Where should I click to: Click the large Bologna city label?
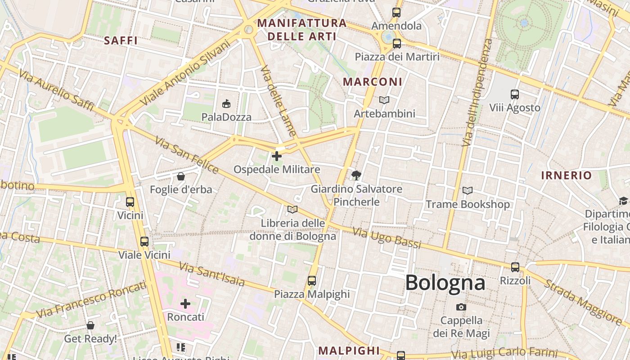click(x=445, y=283)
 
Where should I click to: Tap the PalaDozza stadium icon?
click(x=226, y=104)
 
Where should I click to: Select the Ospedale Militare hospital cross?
click(x=277, y=156)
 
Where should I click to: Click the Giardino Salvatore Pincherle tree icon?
click(x=356, y=175)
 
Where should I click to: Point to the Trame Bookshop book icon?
click(x=468, y=191)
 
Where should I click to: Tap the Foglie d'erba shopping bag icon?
click(x=181, y=176)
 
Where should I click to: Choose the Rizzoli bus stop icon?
click(x=515, y=267)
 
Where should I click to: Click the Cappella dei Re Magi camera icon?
click(x=461, y=307)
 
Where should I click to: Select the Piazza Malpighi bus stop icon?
click(x=311, y=281)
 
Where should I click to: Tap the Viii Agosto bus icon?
click(x=515, y=94)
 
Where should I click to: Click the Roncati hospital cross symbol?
click(x=185, y=304)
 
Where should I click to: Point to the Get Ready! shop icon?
click(x=90, y=325)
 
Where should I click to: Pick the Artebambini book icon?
click(x=384, y=100)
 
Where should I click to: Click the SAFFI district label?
click(x=121, y=40)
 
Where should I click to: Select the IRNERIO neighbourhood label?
click(x=566, y=175)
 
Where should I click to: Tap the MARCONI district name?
click(x=373, y=82)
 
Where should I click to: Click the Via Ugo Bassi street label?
click(x=387, y=238)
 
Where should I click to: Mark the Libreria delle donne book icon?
click(x=292, y=209)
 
